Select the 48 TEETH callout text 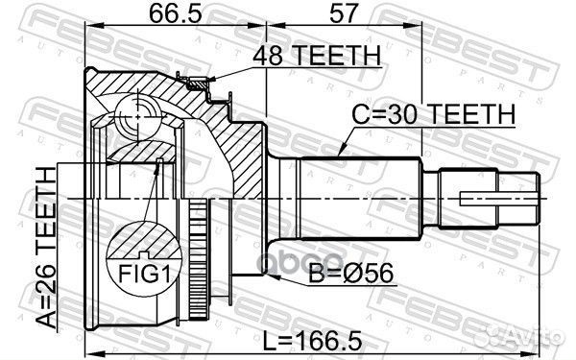(317, 56)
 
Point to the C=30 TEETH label (434, 114)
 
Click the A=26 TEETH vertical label (46, 247)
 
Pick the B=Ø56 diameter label (350, 273)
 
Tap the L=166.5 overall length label (313, 340)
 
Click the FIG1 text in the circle (144, 274)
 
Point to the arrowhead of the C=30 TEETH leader (341, 152)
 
